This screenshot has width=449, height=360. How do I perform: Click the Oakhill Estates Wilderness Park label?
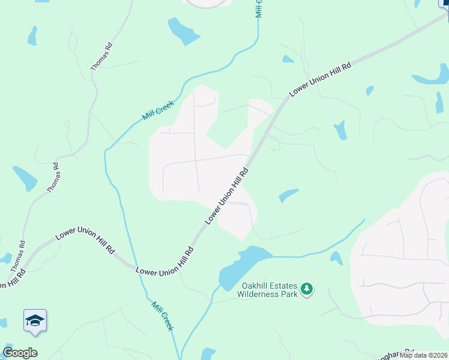click(267, 290)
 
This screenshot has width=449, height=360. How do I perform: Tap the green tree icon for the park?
click(307, 289)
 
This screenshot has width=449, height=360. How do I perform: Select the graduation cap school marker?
click(35, 320)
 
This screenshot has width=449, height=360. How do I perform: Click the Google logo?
click(20, 353)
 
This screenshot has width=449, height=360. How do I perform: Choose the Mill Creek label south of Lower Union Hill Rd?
click(162, 316)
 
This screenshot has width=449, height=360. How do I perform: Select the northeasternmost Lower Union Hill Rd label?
click(319, 79)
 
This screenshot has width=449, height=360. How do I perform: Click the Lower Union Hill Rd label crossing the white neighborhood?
click(227, 196)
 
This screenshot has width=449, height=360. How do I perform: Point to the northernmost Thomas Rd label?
click(101, 57)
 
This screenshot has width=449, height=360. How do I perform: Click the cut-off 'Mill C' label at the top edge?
click(259, 8)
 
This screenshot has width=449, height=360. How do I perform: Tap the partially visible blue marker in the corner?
click(445, 3)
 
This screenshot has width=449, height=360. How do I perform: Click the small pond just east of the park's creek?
click(336, 258)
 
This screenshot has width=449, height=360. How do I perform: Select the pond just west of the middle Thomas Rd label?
click(25, 178)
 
